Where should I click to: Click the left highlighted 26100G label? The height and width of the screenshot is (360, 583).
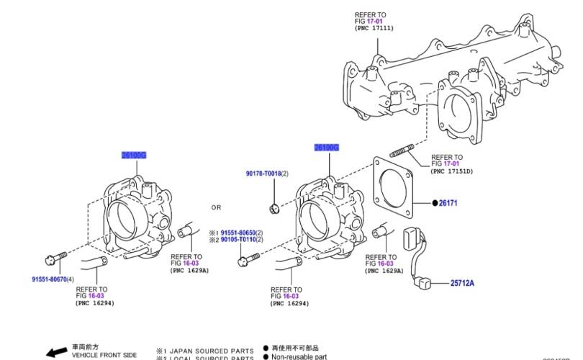click(135, 155)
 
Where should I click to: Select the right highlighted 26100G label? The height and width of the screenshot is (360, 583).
click(326, 148)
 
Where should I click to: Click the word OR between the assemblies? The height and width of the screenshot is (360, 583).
click(216, 207)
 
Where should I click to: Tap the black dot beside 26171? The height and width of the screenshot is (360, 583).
click(435, 203)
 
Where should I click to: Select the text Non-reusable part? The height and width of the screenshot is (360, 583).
click(299, 356)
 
